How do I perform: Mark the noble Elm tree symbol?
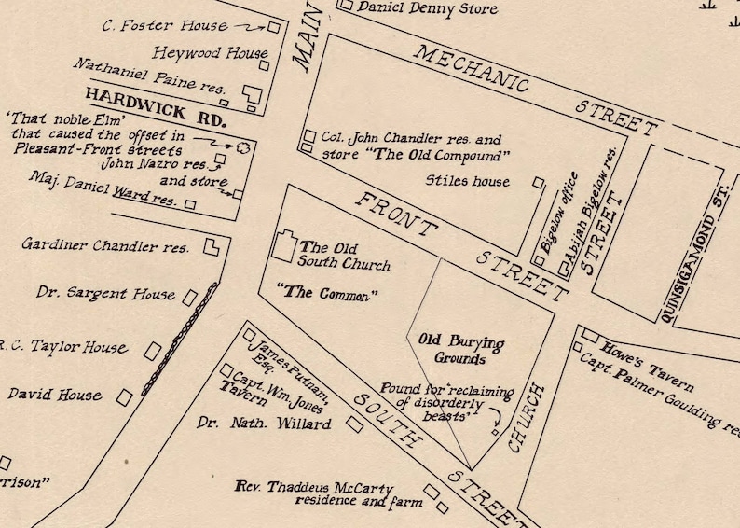click(244, 146)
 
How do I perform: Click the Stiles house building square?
click(538, 183)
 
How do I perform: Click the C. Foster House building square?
click(274, 28)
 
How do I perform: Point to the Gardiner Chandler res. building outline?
click(212, 247)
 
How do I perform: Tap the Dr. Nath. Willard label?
click(264, 424)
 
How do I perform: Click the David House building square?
click(124, 397)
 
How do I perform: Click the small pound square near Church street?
click(495, 432)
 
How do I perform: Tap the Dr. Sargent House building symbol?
click(189, 298)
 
